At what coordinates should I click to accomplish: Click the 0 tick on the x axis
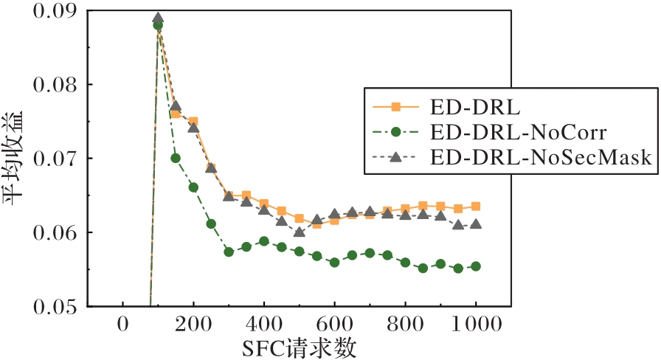pyautogui.click(x=122, y=324)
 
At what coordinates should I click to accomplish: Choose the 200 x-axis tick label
pyautogui.click(x=193, y=324)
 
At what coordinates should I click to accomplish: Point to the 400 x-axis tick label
pyautogui.click(x=264, y=324)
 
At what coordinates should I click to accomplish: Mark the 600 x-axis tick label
pyautogui.click(x=334, y=324)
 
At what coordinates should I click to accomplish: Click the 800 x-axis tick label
pyautogui.click(x=405, y=324)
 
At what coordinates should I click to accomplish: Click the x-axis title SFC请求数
pyautogui.click(x=299, y=346)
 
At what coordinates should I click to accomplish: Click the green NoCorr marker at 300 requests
pyautogui.click(x=229, y=252)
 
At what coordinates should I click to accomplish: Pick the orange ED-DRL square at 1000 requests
pyautogui.click(x=476, y=207)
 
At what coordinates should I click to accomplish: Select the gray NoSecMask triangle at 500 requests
pyautogui.click(x=300, y=232)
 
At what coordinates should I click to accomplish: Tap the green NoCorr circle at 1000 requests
pyautogui.click(x=476, y=266)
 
